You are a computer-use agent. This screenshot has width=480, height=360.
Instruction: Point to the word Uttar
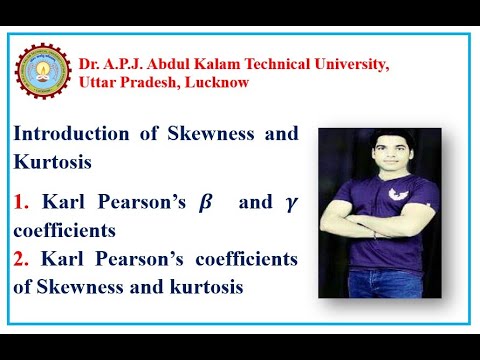click(99, 82)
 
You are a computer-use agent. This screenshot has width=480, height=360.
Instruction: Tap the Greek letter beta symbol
click(206, 203)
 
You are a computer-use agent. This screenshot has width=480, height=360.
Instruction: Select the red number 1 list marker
click(20, 203)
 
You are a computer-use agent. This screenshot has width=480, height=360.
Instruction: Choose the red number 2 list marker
click(20, 259)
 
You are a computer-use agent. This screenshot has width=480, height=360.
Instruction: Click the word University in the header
click(348, 63)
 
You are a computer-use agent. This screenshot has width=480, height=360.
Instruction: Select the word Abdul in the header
click(163, 63)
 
